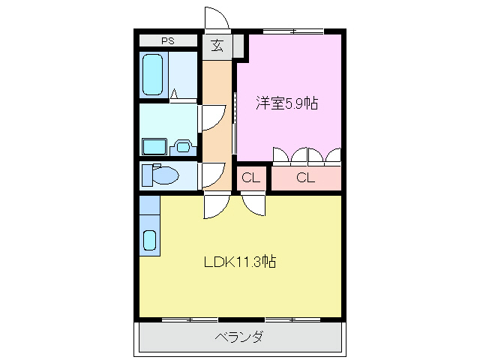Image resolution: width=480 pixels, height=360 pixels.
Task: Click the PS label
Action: pyautogui.click(x=167, y=40)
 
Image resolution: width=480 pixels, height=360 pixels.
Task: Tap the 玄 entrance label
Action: pyautogui.click(x=217, y=46)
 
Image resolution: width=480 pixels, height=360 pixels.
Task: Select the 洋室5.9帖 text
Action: pyautogui.click(x=286, y=103)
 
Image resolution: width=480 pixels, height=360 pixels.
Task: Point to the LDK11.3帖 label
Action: pyautogui.click(x=240, y=262)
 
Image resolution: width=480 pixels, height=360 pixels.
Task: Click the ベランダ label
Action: pyautogui.click(x=240, y=337)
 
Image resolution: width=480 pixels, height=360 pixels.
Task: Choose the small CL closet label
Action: pyautogui.click(x=251, y=178)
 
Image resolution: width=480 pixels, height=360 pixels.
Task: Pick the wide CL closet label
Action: pyautogui.click(x=304, y=178)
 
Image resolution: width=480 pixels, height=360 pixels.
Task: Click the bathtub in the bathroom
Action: pyautogui.click(x=153, y=75)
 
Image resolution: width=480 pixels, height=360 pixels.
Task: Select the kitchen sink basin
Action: pyautogui.click(x=149, y=241)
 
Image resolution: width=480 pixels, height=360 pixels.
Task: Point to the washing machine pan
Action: pyautogui.click(x=156, y=145)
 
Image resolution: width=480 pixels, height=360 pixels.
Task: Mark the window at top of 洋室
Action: pyautogui.click(x=293, y=31)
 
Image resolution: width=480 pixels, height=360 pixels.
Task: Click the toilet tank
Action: pyautogui.click(x=147, y=175)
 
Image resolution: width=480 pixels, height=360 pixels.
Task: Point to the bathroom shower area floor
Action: pyautogui.click(x=183, y=75)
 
